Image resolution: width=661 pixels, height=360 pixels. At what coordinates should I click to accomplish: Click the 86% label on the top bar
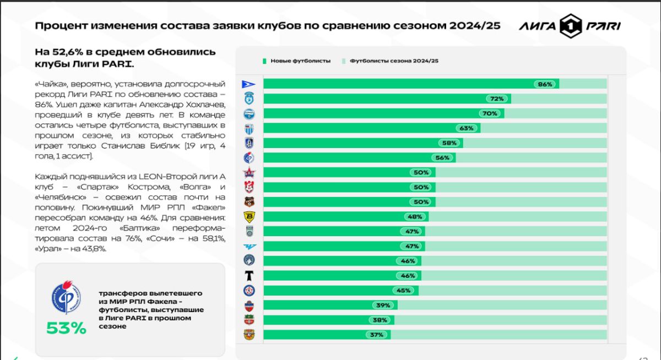tap(545, 84)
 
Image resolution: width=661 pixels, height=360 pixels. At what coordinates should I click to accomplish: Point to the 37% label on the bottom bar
tap(376, 335)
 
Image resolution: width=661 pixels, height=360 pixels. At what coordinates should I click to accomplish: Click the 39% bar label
tap(383, 305)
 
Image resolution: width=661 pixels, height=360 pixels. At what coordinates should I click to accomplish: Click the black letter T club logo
tap(249, 275)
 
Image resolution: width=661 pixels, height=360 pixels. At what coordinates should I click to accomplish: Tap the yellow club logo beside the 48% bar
tap(249, 216)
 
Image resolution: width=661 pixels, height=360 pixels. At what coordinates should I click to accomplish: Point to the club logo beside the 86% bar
tap(249, 84)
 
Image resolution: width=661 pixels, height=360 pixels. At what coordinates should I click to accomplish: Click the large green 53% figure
tap(66, 329)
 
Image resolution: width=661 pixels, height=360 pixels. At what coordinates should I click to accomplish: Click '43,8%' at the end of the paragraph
tap(93, 248)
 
